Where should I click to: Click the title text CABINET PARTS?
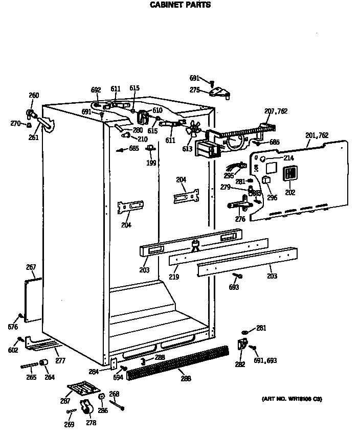pos(179,5)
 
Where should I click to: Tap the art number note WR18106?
pos(292,398)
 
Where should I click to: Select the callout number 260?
pos(33,96)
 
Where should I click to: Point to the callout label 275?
pos(195,90)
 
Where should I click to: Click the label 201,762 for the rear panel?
pos(317,135)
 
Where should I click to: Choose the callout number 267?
pos(31,267)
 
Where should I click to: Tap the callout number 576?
pos(13,327)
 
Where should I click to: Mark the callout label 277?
pos(60,361)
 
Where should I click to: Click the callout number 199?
pos(151,163)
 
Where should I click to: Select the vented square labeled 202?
pos(290,174)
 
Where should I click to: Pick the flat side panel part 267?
pos(33,293)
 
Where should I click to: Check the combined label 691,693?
pos(265,360)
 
